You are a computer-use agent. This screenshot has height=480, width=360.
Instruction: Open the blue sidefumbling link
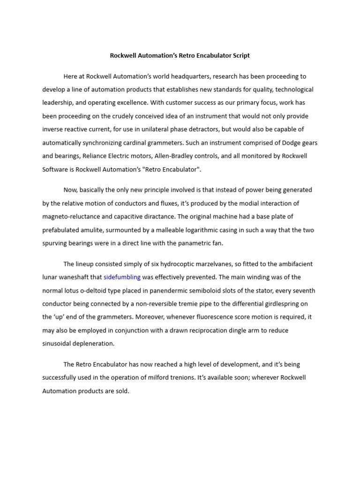(122, 277)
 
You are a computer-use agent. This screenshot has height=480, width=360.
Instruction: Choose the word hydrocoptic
(169, 264)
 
